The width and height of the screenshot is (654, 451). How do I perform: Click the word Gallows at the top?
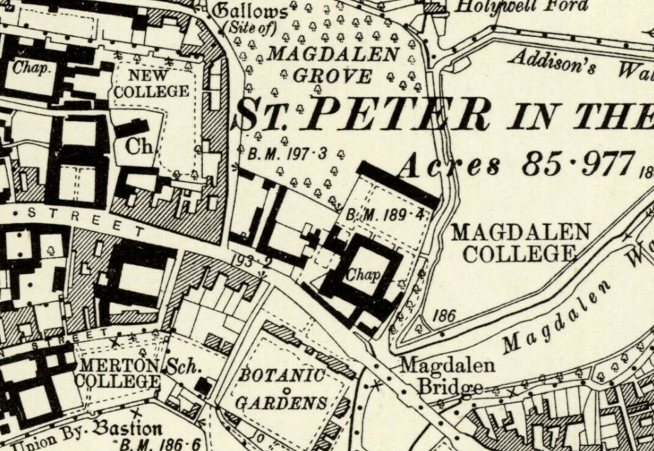tap(252, 12)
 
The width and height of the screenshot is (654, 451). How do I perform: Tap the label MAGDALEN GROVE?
tap(333, 65)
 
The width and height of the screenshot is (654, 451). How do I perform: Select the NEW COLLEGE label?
tap(151, 84)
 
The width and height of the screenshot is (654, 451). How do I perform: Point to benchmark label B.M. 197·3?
tap(287, 154)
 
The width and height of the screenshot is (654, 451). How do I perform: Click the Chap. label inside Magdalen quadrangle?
tap(363, 274)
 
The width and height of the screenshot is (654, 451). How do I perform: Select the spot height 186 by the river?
tap(444, 316)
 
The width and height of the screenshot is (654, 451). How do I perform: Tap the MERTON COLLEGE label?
tap(118, 373)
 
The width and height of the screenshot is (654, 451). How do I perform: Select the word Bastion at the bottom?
tap(128, 429)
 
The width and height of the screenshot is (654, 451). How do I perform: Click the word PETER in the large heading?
tap(395, 114)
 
